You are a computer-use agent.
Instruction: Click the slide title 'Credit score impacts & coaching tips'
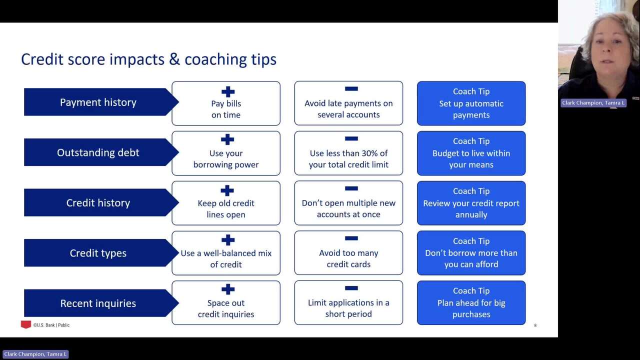click(148, 59)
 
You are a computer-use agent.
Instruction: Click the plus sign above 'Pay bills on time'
click(228, 91)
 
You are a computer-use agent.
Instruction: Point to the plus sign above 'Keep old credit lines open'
click(227, 190)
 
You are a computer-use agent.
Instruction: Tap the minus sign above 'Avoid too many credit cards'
click(351, 238)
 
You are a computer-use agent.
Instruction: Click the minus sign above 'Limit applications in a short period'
click(351, 288)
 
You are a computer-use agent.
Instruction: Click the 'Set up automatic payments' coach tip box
click(471, 103)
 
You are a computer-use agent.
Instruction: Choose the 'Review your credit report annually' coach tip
click(471, 203)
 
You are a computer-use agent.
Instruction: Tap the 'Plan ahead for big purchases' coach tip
click(471, 303)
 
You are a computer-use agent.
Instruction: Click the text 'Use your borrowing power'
click(226, 159)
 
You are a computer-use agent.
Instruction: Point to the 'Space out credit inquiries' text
click(226, 308)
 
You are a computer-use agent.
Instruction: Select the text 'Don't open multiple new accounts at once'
click(348, 208)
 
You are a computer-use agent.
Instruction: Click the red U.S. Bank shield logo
click(25, 324)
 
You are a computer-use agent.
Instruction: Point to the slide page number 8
click(535, 325)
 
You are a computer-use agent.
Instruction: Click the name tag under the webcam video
click(593, 103)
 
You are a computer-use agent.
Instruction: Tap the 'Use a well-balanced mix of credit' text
click(226, 258)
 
